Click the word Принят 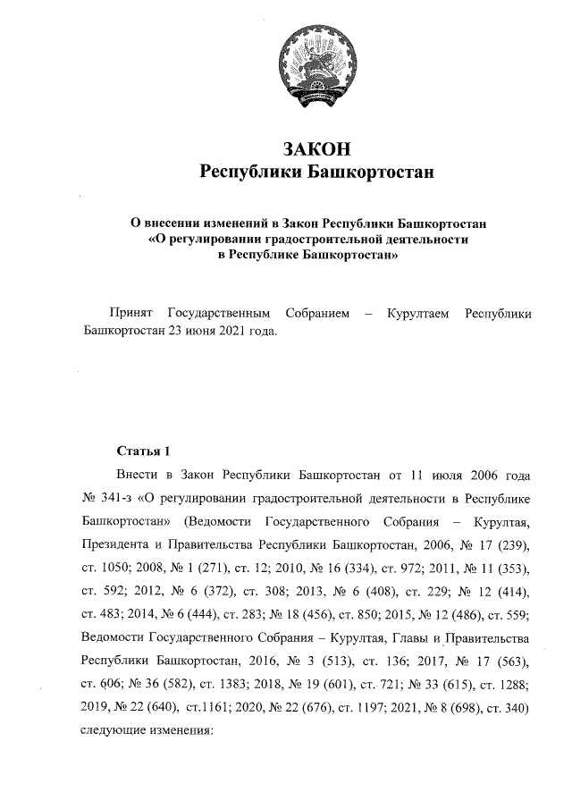(x=129, y=313)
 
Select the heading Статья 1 (x=142, y=450)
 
